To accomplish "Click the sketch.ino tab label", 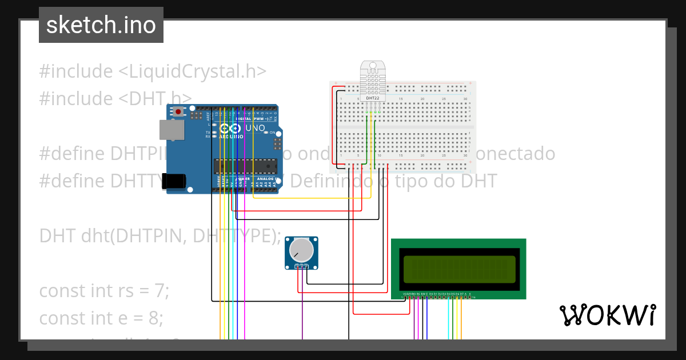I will pos(101,25).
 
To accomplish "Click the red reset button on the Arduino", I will pos(179,111).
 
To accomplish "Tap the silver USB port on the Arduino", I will pos(171,130).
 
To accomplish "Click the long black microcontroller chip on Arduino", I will pos(245,166).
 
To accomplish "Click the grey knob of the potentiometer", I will pos(301,250).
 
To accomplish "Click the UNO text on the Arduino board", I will pos(255,128).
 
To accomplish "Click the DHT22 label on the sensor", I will pos(372,98).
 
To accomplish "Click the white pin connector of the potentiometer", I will pos(301,267).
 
